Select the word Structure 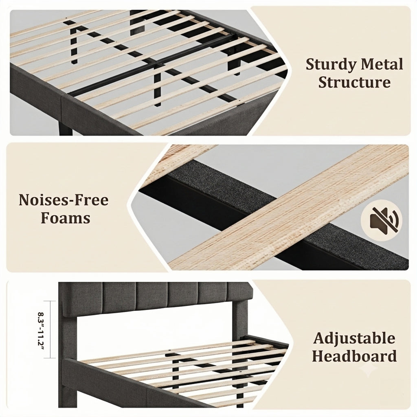[355, 82]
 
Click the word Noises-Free [64, 200]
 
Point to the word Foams [66, 218]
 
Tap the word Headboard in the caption [355, 356]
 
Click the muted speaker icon [381, 220]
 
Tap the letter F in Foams [46, 218]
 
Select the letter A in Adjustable [319, 338]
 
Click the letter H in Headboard [319, 356]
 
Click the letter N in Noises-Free [25, 200]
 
